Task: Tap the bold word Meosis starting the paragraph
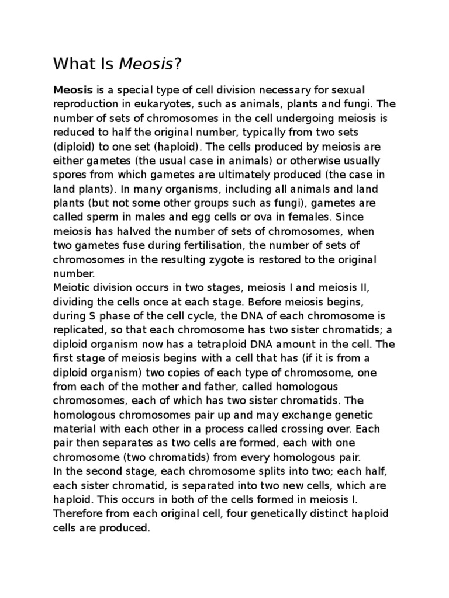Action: click(70, 90)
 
